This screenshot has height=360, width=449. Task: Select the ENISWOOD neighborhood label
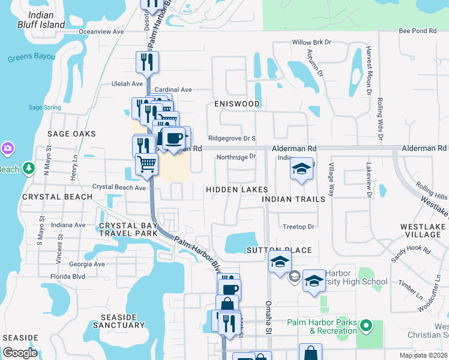(237, 104)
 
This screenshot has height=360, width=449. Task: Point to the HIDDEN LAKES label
(237, 190)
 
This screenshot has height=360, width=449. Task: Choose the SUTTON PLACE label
(279, 250)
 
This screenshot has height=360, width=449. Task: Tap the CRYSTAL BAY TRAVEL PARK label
(127, 230)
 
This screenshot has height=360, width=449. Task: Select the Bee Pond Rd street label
(417, 31)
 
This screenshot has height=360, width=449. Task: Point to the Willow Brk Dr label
(312, 43)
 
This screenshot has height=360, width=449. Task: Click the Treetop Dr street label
(299, 227)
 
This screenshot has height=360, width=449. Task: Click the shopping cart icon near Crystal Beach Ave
(146, 163)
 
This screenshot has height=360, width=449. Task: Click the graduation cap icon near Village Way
(301, 167)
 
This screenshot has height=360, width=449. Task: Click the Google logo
(20, 353)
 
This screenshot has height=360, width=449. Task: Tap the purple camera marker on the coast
(7, 148)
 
